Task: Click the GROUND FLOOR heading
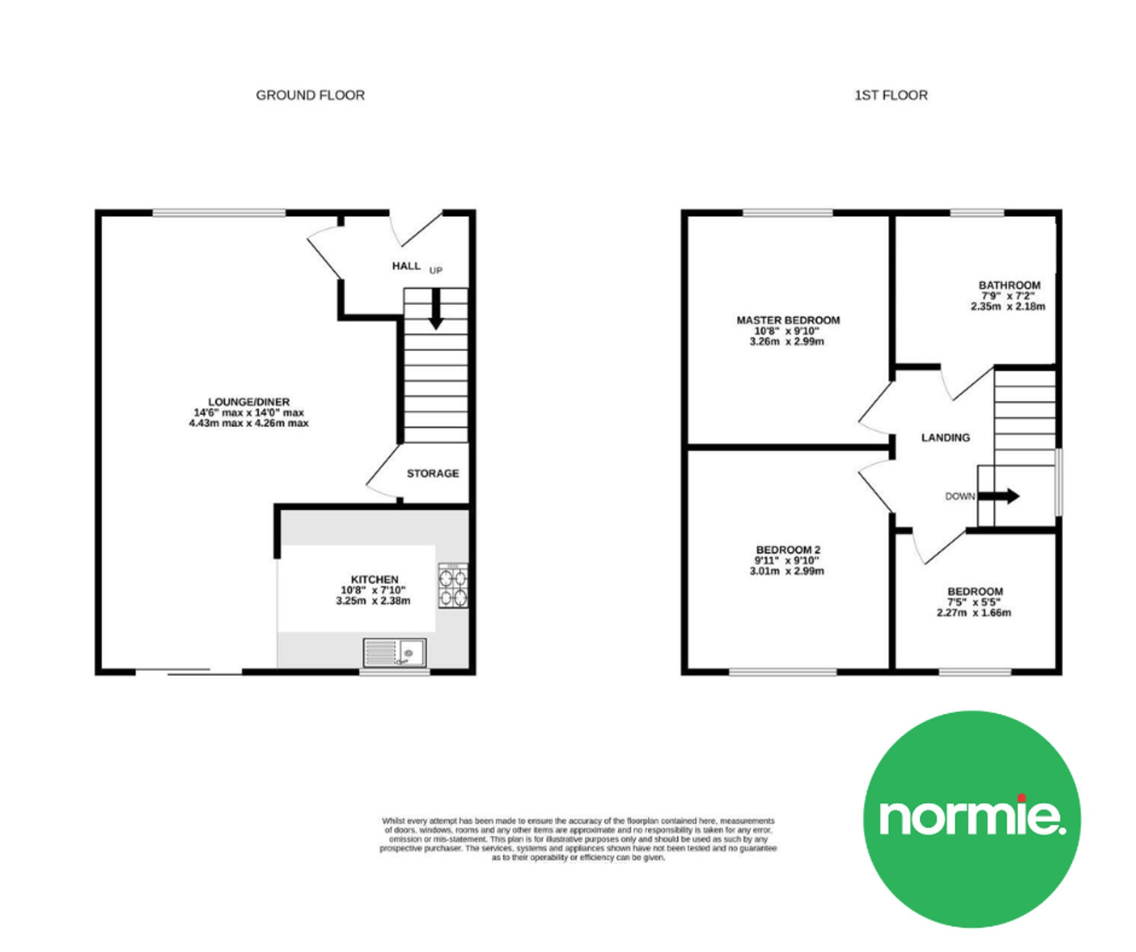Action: (x=310, y=95)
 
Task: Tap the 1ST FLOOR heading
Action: (x=891, y=95)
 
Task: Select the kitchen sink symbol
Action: (x=395, y=652)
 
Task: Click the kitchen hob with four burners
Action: (x=453, y=586)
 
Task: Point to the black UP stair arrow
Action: (x=436, y=309)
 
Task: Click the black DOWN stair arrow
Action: (x=999, y=496)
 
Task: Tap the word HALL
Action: (x=406, y=266)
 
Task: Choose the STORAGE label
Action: (x=433, y=473)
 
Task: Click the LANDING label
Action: (x=946, y=438)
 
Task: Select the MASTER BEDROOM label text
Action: (x=788, y=320)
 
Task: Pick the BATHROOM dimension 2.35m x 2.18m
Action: (x=1008, y=307)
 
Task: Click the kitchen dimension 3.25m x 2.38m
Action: (x=373, y=601)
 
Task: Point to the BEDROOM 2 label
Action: (x=788, y=550)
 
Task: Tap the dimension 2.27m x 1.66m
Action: (x=974, y=613)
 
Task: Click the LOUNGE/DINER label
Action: (x=249, y=402)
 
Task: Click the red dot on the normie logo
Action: (x=1022, y=797)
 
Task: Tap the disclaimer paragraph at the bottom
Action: (x=578, y=839)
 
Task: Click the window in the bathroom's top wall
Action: (x=978, y=213)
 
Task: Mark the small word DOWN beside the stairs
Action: (x=960, y=496)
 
